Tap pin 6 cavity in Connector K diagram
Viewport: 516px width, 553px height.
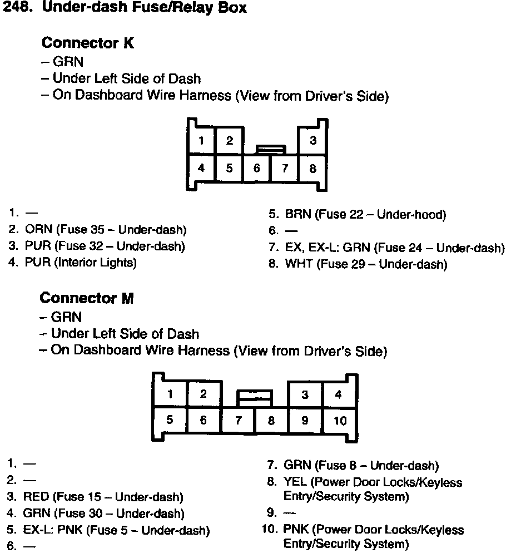click(x=257, y=168)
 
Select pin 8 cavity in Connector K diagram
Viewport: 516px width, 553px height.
click(x=313, y=168)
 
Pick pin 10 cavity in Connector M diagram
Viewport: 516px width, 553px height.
click(x=340, y=421)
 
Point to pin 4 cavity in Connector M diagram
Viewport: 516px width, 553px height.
click(x=339, y=395)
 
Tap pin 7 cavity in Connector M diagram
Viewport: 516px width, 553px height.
click(x=238, y=421)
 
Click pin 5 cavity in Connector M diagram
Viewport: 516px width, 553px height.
click(x=170, y=421)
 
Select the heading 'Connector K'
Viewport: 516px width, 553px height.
click(x=88, y=43)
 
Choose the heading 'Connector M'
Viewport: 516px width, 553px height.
click(x=87, y=298)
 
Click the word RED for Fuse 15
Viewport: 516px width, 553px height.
click(x=36, y=497)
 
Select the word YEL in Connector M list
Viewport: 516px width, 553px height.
click(x=295, y=482)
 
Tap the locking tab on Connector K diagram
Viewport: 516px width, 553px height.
click(x=271, y=149)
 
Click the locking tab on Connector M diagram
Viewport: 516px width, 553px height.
click(x=255, y=396)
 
